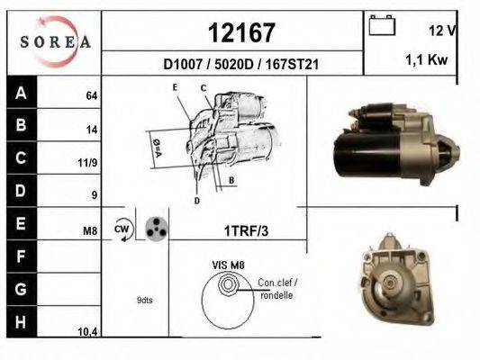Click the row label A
click(21, 92)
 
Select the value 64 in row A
click(91, 94)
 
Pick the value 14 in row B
click(91, 130)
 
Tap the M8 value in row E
click(89, 231)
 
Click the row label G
click(21, 290)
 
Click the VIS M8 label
click(227, 265)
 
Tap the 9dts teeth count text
click(144, 300)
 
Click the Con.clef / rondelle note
click(276, 288)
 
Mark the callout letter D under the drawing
click(196, 200)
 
